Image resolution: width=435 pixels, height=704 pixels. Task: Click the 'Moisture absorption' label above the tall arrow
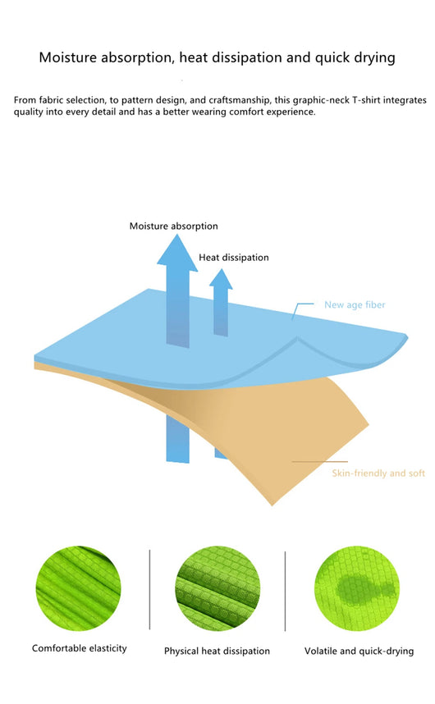[174, 226]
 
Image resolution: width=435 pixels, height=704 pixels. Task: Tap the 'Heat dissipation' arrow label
[234, 258]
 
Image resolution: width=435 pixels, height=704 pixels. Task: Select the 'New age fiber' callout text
[355, 305]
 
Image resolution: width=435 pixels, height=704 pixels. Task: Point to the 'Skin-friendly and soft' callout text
[378, 473]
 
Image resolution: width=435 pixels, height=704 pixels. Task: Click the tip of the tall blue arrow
[176, 235]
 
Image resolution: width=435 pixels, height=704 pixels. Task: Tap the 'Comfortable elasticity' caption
[80, 648]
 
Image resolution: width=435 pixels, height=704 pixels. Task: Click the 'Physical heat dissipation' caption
[217, 651]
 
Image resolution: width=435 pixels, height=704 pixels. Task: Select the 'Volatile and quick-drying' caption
[359, 651]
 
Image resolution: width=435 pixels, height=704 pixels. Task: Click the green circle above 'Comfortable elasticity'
[78, 588]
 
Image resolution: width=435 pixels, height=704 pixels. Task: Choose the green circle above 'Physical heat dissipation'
[217, 588]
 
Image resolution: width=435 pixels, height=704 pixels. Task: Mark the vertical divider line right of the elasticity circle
[149, 589]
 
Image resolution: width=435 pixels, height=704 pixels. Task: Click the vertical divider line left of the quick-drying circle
[285, 592]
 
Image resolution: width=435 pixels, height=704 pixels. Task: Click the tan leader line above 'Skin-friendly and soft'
[319, 462]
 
